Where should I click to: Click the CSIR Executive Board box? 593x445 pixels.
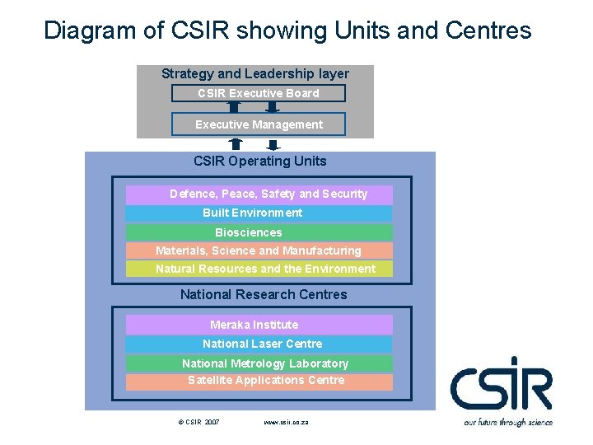258,93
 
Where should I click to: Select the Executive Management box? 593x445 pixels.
258,124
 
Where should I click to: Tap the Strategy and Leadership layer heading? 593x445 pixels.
255,74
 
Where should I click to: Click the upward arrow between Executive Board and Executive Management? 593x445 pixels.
234,107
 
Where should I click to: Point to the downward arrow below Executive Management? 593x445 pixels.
273,144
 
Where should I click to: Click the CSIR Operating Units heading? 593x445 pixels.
260,162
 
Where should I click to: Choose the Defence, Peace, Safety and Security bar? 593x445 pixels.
259,194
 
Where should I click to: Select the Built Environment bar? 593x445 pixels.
259,213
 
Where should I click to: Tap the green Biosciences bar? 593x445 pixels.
259,232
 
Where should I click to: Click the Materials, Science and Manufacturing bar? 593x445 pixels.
259,251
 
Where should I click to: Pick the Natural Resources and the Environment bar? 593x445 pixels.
259,269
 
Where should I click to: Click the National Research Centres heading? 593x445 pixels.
264,294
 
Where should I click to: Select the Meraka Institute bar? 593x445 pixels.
259,325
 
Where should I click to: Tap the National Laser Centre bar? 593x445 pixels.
259,344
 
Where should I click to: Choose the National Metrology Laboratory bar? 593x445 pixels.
259,363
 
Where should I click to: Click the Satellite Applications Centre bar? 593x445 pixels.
259,381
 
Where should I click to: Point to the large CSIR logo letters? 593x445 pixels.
501,386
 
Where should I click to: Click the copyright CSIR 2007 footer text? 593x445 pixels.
198,422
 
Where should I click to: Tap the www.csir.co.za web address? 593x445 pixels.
286,422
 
